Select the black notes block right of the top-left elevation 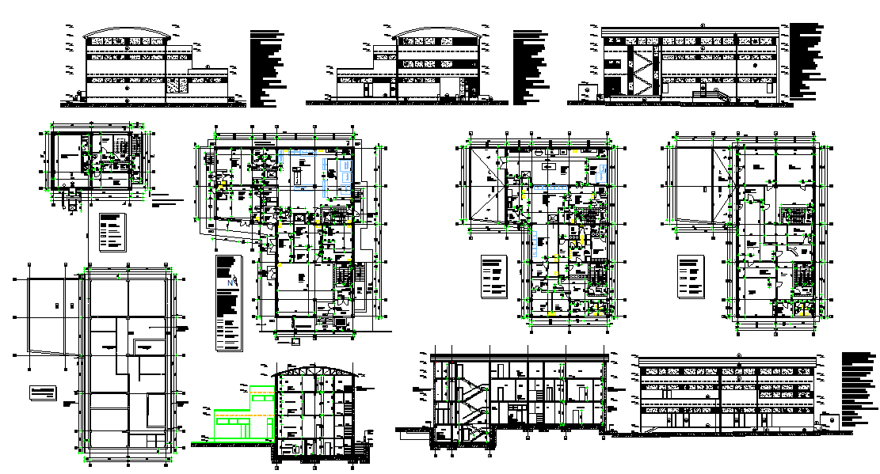coord(267,67)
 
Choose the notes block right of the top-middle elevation coord(529,67)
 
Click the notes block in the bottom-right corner coord(859,388)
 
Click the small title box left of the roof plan coord(44,392)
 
